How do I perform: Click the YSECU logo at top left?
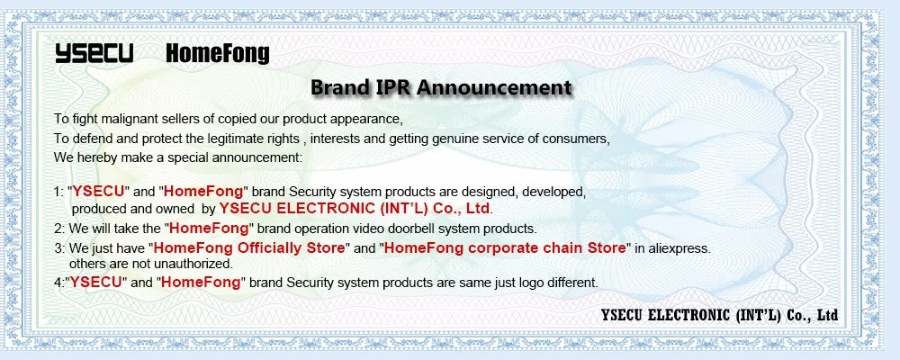pyautogui.click(x=94, y=54)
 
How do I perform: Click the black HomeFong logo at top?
pyautogui.click(x=218, y=54)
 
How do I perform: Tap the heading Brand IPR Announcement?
pyautogui.click(x=441, y=88)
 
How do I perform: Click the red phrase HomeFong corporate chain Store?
pyautogui.click(x=505, y=247)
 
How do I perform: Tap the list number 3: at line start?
pyautogui.click(x=58, y=247)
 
